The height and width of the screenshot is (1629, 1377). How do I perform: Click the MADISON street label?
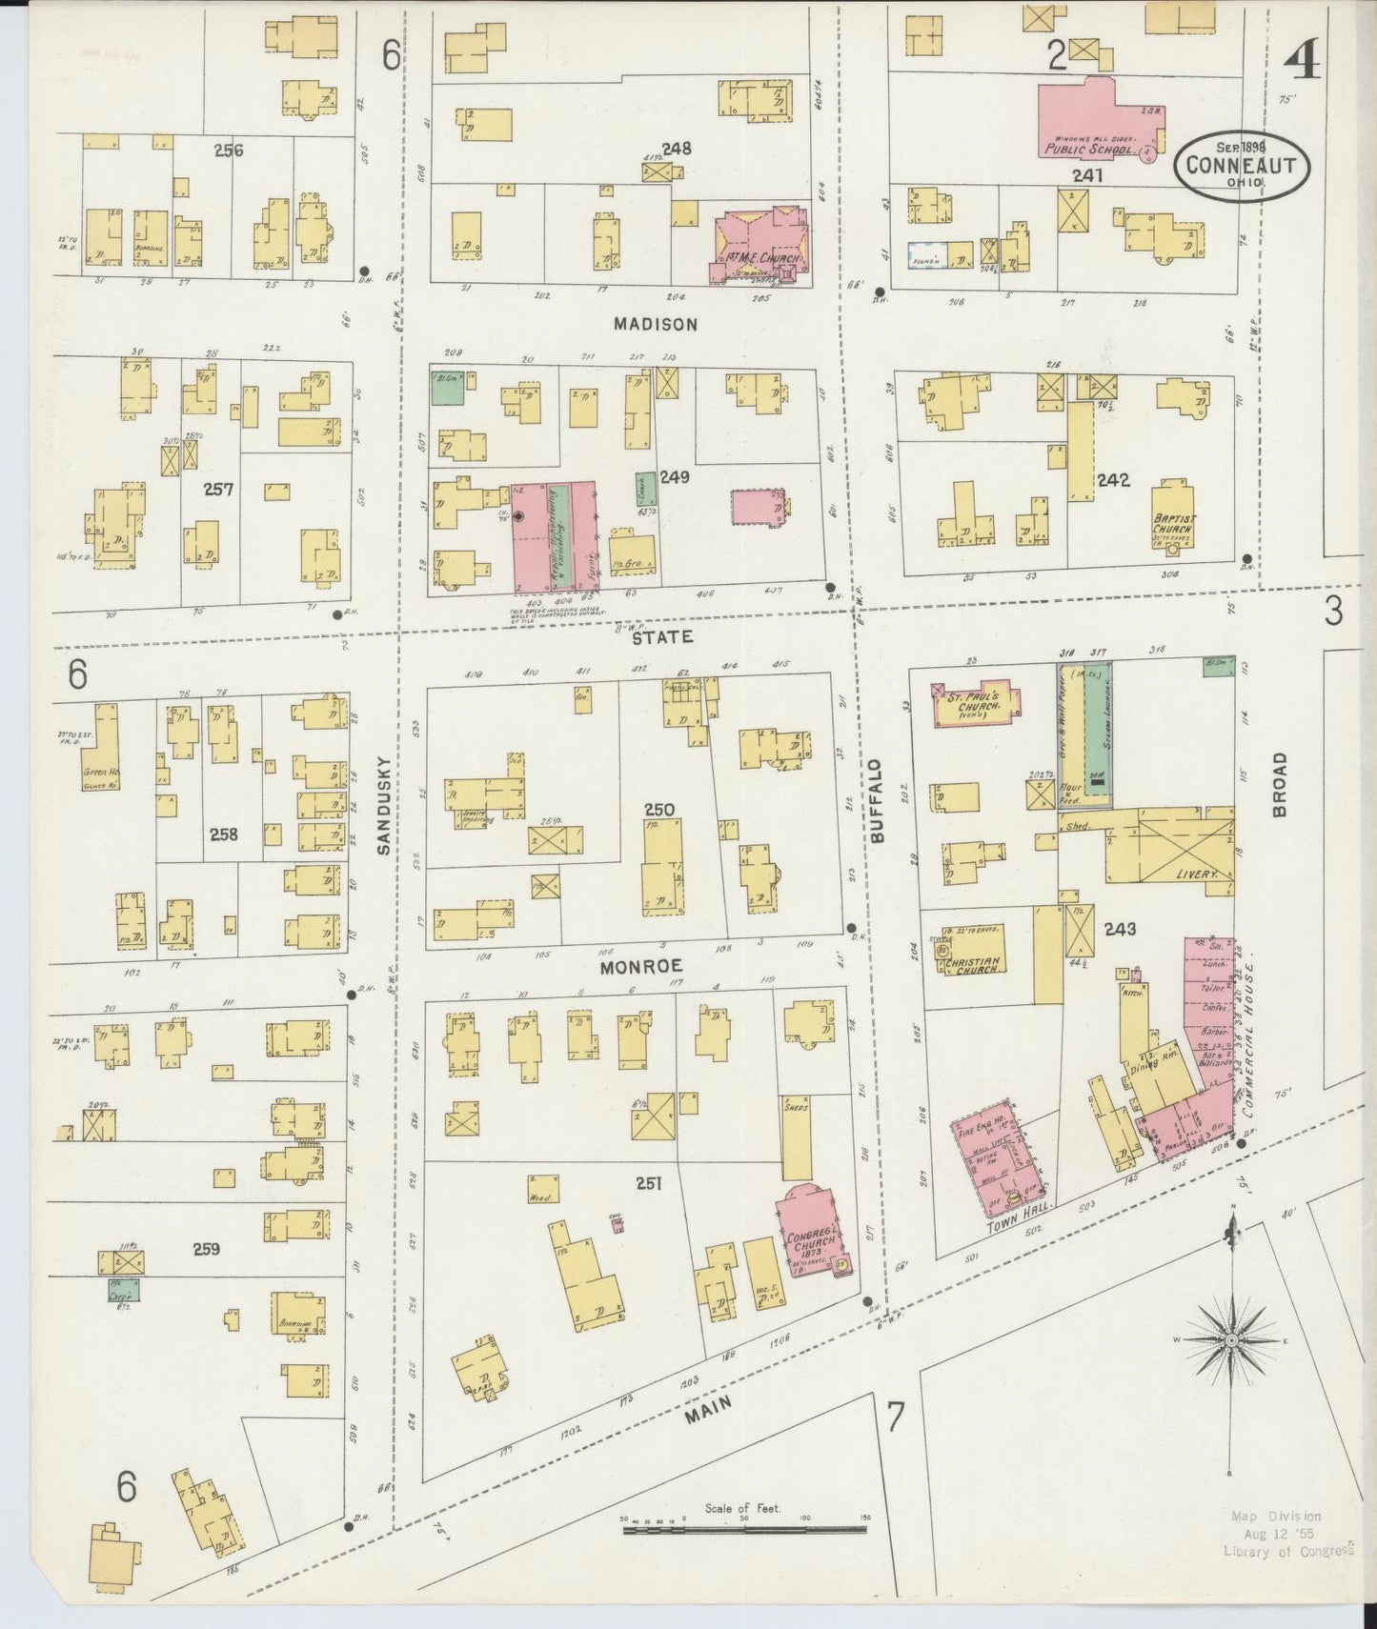(x=655, y=324)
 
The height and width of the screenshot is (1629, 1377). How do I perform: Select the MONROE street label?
(x=642, y=966)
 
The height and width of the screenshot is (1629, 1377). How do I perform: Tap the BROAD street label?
(x=1278, y=784)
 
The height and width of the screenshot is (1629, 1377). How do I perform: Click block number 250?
(x=658, y=810)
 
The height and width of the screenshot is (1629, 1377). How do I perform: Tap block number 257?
(x=217, y=490)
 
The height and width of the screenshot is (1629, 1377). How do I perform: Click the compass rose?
(x=1231, y=1340)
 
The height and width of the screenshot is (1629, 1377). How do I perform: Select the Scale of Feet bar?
(x=744, y=1529)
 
